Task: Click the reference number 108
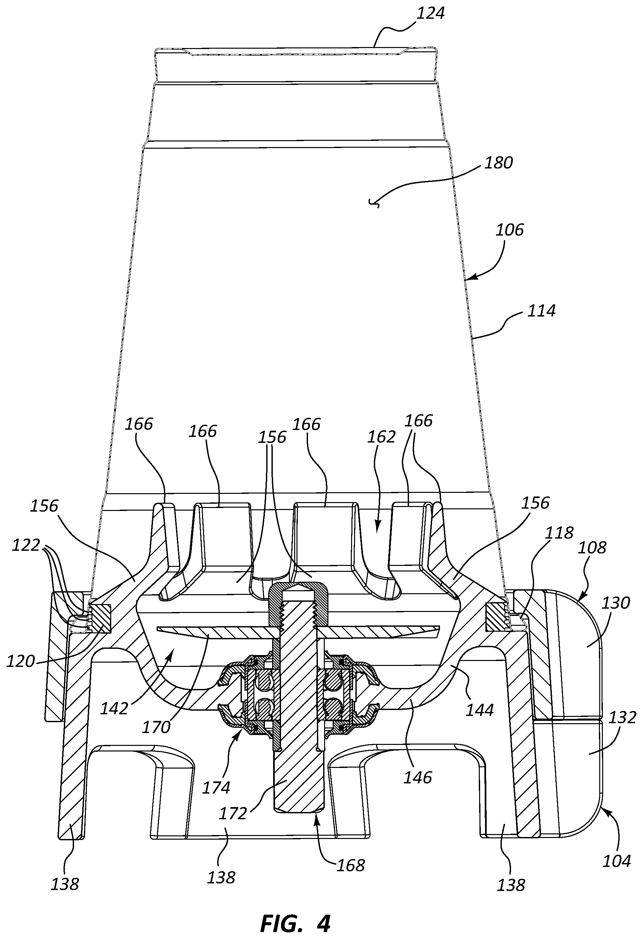tap(592, 547)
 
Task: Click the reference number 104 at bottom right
tap(617, 861)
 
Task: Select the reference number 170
tap(156, 727)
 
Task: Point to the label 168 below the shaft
tap(350, 865)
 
